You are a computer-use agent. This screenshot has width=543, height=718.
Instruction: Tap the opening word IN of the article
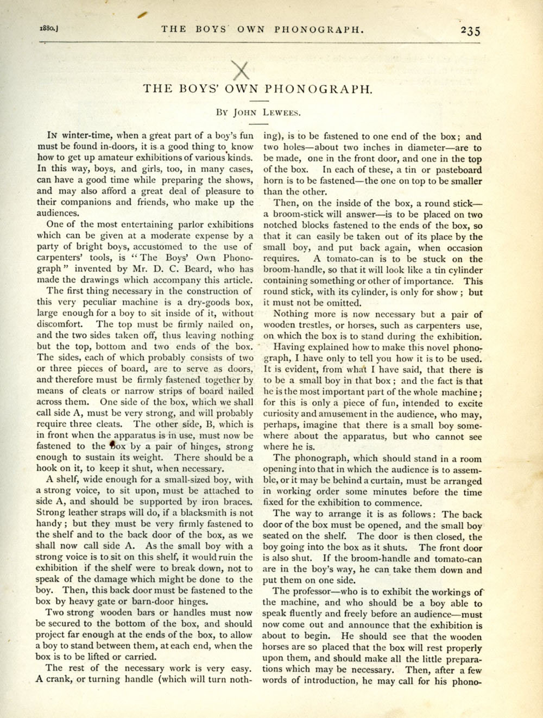point(53,135)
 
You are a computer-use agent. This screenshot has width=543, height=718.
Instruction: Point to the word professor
point(312,591)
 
